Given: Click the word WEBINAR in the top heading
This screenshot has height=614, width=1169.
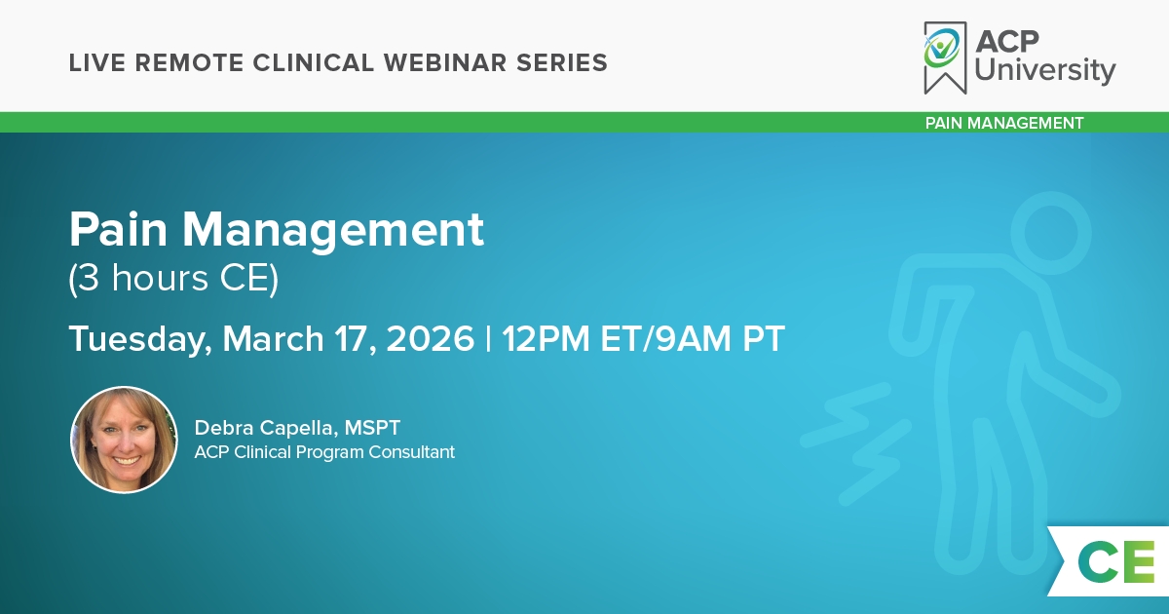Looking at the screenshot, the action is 445,63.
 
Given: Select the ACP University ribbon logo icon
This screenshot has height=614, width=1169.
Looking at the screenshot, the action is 945,58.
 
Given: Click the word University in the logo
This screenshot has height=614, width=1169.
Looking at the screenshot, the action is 1044,70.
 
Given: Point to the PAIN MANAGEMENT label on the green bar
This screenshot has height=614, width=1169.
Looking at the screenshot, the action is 1004,123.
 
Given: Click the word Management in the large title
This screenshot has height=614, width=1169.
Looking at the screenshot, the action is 333,230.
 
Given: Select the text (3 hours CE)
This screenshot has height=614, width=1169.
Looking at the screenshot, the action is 173,279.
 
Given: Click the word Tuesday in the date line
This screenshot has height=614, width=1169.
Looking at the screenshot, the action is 140,340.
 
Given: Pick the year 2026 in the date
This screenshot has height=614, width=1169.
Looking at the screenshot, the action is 430,339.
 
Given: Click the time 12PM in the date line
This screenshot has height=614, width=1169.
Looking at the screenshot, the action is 546,339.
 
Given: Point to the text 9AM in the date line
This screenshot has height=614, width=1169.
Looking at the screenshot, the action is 693,339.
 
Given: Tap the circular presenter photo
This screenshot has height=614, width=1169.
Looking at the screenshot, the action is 124,440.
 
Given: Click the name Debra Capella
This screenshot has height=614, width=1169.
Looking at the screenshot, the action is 264,428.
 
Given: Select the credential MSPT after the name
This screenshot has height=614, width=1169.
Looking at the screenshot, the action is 372,428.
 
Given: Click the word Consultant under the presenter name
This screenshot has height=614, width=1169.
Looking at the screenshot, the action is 411,452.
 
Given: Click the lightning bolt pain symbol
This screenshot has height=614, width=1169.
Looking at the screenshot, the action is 856,443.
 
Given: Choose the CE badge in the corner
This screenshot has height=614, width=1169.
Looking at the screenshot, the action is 1109,561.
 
